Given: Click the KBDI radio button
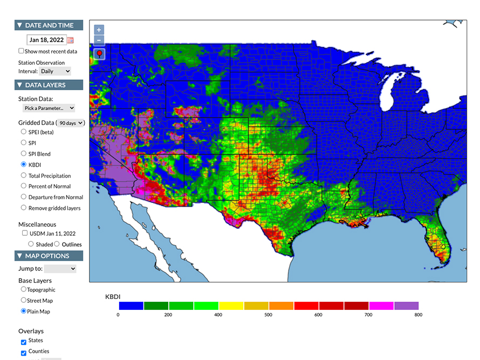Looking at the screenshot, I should pyautogui.click(x=23, y=164).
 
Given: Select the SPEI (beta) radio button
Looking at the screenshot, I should pyautogui.click(x=23, y=132).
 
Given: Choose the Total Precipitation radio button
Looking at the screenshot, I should pyautogui.click(x=23, y=175).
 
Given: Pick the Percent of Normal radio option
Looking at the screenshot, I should pyautogui.click(x=23, y=186).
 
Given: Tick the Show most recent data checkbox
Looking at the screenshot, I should pyautogui.click(x=21, y=51).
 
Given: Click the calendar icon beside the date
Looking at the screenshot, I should pyautogui.click(x=70, y=40).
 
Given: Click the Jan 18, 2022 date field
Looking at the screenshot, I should pyautogui.click(x=46, y=40).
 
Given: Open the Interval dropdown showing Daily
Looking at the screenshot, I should pyautogui.click(x=56, y=71).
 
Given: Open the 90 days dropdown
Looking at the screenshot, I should pyautogui.click(x=71, y=123).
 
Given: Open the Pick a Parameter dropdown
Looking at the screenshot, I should pyautogui.click(x=49, y=108).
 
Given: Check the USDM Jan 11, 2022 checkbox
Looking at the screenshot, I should pyautogui.click(x=25, y=233).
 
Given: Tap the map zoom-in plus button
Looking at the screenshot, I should pyautogui.click(x=99, y=30).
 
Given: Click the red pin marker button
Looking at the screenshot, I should pyautogui.click(x=99, y=54).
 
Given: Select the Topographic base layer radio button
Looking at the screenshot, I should pyautogui.click(x=23, y=289).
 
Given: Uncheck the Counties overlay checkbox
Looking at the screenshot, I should pyautogui.click(x=23, y=353).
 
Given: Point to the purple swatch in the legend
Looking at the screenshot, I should pyautogui.click(x=406, y=306).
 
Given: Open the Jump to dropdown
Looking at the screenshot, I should pyautogui.click(x=60, y=268).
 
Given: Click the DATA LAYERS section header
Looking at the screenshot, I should pyautogui.click(x=49, y=85).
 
